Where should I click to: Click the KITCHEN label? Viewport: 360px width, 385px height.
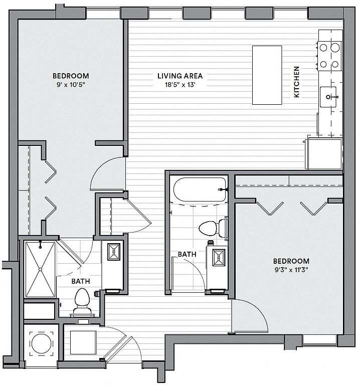coord(297,82)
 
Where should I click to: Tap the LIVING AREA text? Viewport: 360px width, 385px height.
coord(180,76)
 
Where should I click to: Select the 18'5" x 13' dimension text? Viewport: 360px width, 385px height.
coord(180,85)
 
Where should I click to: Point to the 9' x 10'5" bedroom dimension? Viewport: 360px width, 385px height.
coord(71,85)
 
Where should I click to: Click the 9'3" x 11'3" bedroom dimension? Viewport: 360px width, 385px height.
coord(291,270)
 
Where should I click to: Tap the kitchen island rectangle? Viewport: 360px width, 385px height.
coord(267,75)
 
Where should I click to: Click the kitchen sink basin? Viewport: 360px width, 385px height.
coord(328,97)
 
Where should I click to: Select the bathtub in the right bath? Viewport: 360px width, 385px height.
coord(200,189)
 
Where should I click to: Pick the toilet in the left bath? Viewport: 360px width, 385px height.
coord(82,301)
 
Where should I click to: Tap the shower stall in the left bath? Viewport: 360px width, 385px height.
coord(40,269)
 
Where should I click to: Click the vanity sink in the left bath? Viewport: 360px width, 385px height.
coord(114,252)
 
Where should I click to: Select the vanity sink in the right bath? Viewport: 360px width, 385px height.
coord(219,258)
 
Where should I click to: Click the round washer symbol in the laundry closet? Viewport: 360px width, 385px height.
coord(42,344)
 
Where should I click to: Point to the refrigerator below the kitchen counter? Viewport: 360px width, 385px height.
coord(324,154)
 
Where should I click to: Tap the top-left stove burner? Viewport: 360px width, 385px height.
coord(323,48)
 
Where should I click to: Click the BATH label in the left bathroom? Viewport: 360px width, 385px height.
coord(81,281)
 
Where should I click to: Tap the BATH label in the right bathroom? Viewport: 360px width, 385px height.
coord(187,254)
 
